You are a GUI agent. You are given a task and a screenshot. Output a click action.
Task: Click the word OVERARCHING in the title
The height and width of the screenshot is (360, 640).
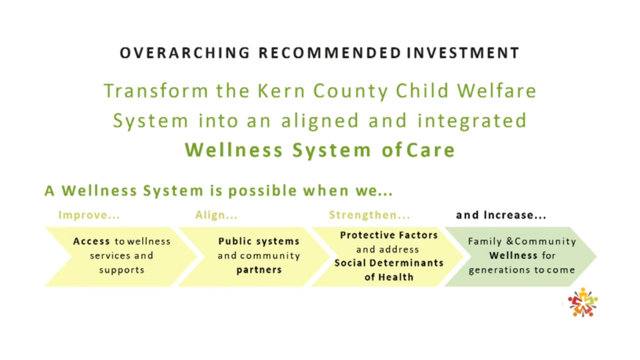[x=184, y=53]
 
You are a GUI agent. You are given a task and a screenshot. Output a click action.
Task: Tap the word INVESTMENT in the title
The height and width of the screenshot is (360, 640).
[x=463, y=53]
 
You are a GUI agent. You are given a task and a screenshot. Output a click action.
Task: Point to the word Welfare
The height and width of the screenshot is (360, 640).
[x=497, y=91]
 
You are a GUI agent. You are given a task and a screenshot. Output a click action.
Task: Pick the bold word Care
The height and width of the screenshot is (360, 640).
[x=431, y=150]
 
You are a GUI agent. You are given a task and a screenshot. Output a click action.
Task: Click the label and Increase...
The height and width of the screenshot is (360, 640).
[x=501, y=215]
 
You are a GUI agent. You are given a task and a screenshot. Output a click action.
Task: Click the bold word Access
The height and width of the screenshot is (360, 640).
[x=91, y=241]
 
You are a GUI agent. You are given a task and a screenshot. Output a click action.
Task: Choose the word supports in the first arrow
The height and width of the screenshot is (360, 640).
[x=122, y=270]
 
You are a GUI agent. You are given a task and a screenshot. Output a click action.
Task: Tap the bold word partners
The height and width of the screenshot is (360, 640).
[x=259, y=270]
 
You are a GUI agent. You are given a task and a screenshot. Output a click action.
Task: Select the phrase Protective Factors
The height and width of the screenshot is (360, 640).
[x=389, y=235]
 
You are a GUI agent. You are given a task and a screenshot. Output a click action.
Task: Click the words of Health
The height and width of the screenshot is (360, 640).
[x=389, y=277]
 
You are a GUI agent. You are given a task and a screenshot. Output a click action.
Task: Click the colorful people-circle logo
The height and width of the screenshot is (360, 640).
[x=582, y=302]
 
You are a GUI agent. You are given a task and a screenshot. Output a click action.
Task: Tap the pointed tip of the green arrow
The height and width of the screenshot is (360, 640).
[x=596, y=256]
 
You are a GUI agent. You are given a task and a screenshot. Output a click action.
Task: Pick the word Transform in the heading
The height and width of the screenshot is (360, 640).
[x=156, y=91]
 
